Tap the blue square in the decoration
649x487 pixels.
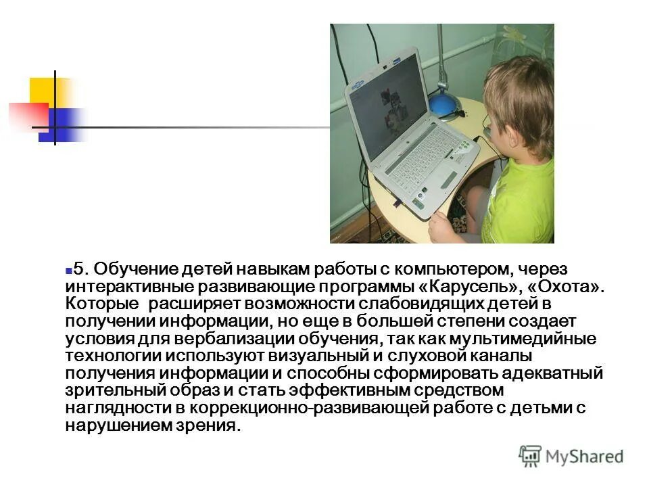coord(64,125)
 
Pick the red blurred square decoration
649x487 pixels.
coord(29,114)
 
